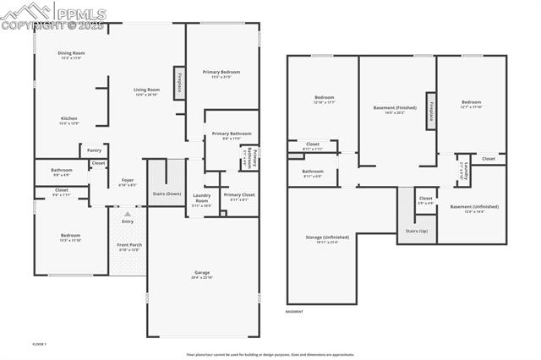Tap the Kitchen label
click(x=69, y=120)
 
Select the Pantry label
click(x=95, y=150)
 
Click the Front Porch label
click(x=128, y=247)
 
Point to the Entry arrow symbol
click(x=128, y=215)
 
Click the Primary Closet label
click(x=239, y=196)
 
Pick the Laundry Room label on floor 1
click(x=201, y=198)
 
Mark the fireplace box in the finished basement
click(x=431, y=112)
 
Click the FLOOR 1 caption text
click(x=40, y=345)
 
